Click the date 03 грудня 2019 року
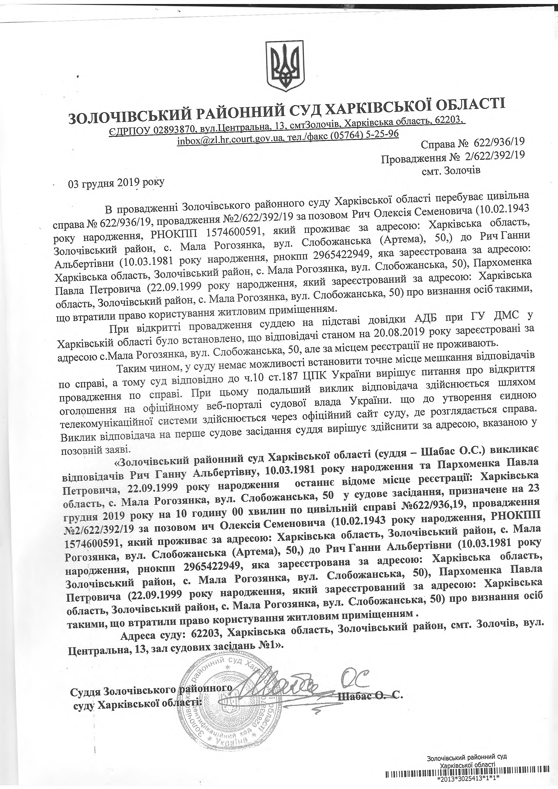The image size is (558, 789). click(x=117, y=184)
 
